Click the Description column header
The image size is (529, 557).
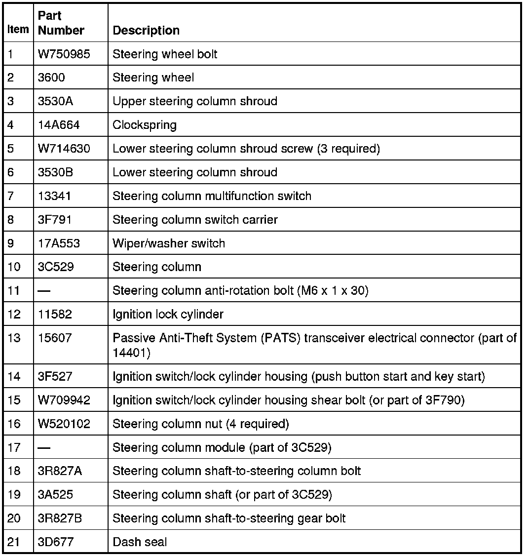146,31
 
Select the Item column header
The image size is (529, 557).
18,30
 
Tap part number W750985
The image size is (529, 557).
64,54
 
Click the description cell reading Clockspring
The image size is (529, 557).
145,125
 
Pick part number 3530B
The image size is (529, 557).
54,172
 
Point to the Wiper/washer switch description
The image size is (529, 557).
169,243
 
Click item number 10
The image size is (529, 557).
14,267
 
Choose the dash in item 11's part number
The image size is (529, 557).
44,291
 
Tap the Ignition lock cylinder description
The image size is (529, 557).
168,315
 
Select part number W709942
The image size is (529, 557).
64,400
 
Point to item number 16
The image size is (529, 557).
14,424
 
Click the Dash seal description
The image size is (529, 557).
140,542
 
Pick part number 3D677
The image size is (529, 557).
55,542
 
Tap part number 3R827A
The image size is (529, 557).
60,471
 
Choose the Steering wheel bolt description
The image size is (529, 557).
165,54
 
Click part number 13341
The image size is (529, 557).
54,196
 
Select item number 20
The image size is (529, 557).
14,518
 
